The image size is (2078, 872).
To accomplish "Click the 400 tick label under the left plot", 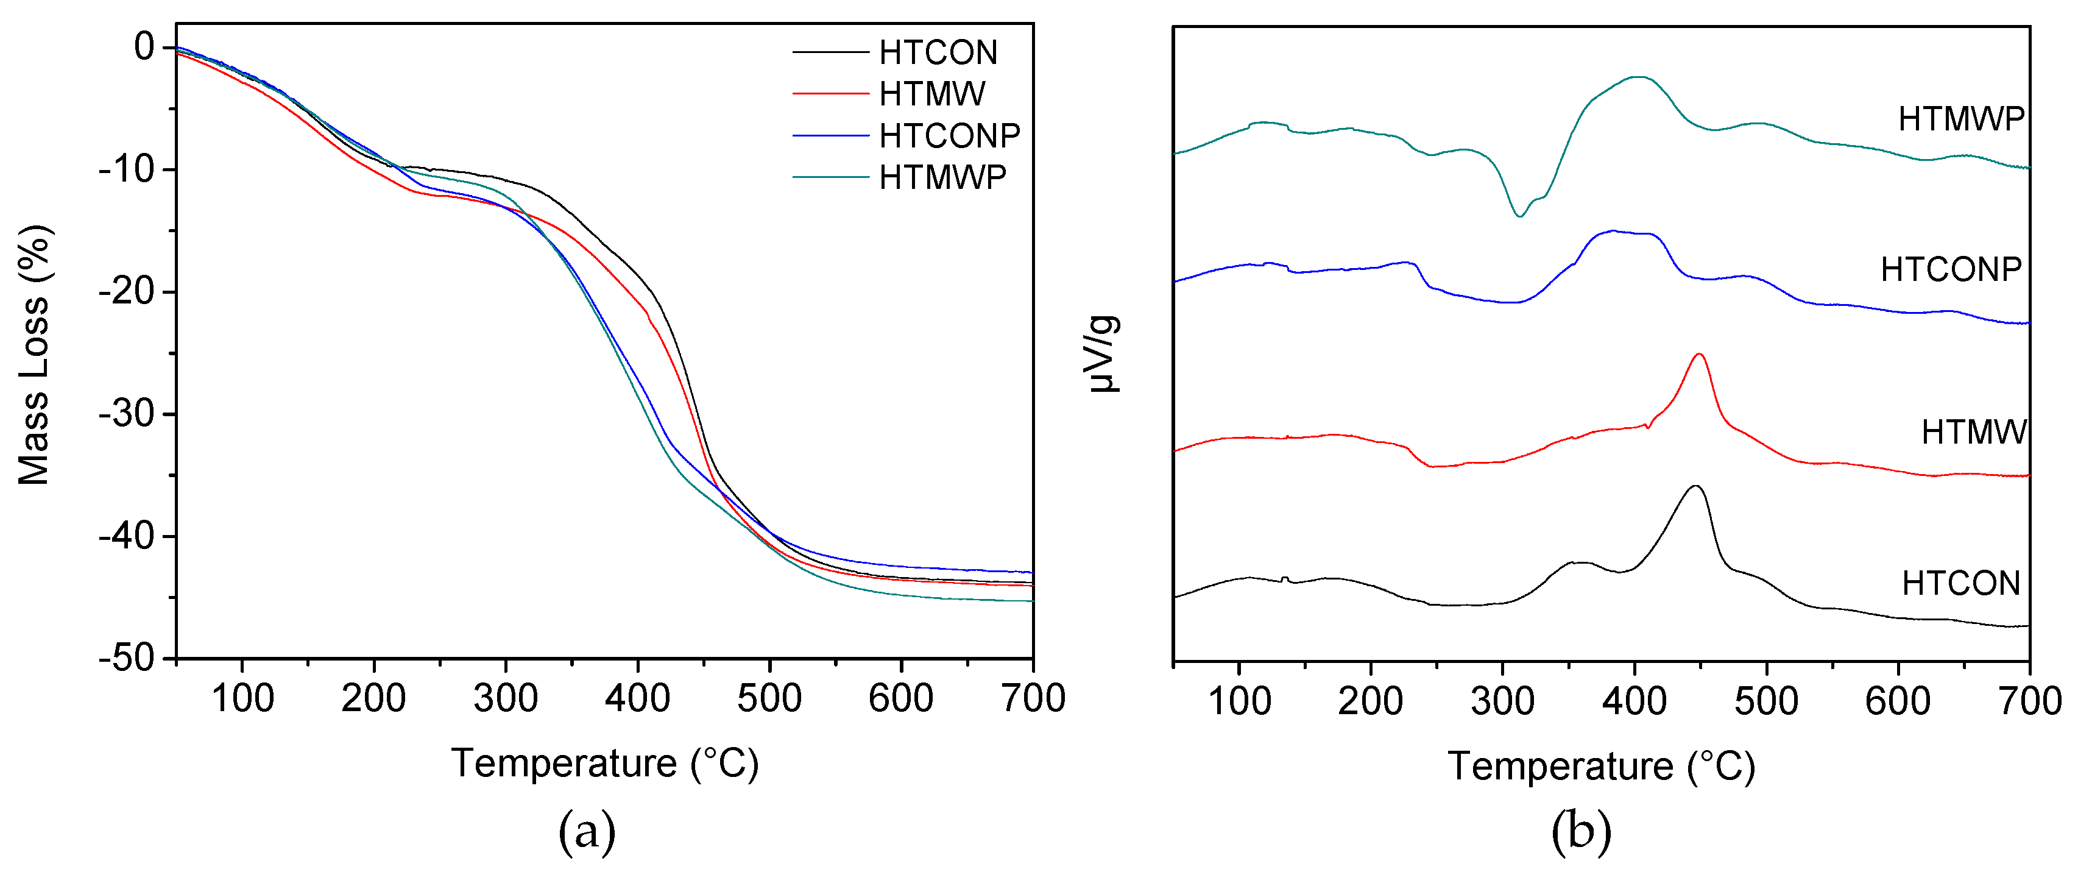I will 637,698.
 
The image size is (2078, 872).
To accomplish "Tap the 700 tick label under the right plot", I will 2028,701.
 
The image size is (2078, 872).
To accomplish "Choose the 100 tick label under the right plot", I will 1239,701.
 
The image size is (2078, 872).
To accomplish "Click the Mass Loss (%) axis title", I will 34,355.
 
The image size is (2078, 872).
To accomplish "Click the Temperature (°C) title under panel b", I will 1601,767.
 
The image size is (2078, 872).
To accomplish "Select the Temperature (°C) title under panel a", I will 605,763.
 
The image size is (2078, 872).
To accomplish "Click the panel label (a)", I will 587,832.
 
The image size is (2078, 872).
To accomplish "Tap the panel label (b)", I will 1581,832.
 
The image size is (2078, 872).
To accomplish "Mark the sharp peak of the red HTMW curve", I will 1699,354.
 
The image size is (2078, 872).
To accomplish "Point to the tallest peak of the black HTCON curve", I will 1695,486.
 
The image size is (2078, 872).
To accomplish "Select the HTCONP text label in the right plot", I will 1951,269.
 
